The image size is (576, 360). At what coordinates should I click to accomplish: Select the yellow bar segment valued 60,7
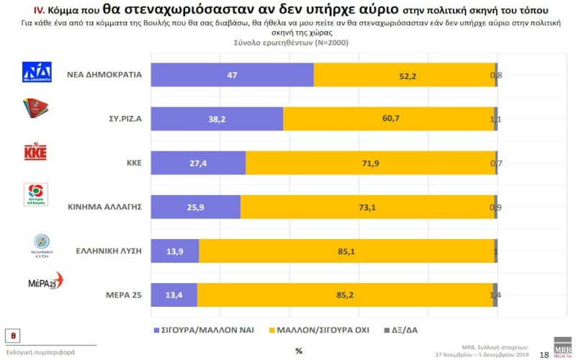[389, 119]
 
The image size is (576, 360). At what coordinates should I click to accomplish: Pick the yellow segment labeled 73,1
[367, 207]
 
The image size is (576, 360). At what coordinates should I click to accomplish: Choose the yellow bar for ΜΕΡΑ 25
[346, 295]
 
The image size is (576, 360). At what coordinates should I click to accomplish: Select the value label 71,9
[372, 163]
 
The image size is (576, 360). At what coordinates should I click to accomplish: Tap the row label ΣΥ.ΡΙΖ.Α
[120, 118]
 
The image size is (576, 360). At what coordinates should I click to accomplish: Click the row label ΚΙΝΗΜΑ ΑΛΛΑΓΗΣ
[102, 207]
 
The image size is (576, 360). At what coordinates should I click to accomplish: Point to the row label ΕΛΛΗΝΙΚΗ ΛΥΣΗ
[108, 251]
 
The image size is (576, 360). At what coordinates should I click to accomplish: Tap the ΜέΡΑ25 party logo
[44, 282]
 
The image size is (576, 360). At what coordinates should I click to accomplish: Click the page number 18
[544, 354]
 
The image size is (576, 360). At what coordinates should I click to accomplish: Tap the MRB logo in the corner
[562, 346]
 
